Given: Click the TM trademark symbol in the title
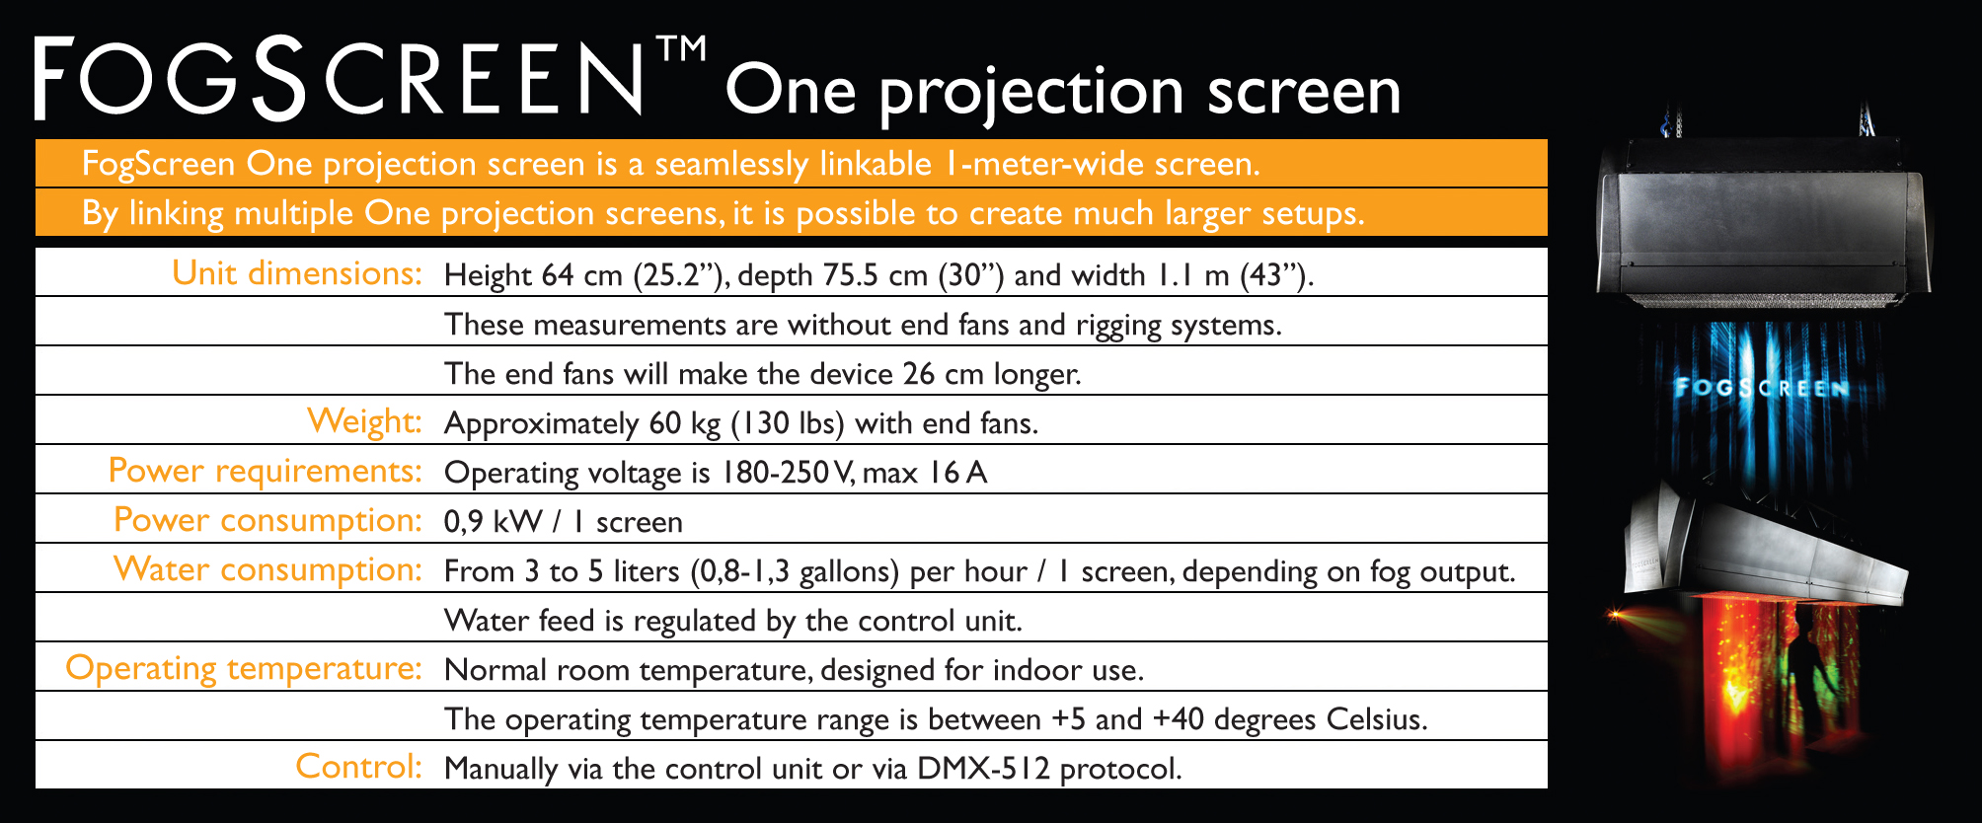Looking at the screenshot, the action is tap(681, 48).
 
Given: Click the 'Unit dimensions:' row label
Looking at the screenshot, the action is tap(297, 272).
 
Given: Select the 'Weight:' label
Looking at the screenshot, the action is tap(364, 421).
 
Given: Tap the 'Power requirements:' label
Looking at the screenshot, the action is tap(266, 471).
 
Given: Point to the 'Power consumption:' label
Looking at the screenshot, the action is tap(268, 520).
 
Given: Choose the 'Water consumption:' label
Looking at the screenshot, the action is tap(268, 569).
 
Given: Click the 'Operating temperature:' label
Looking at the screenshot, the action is tap(244, 668).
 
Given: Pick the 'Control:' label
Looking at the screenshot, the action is tap(359, 767).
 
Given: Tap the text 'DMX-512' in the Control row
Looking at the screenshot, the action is tap(983, 768).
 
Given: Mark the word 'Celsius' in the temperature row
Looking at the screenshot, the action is tap(1377, 718).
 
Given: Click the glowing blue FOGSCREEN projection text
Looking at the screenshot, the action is tap(1762, 387).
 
